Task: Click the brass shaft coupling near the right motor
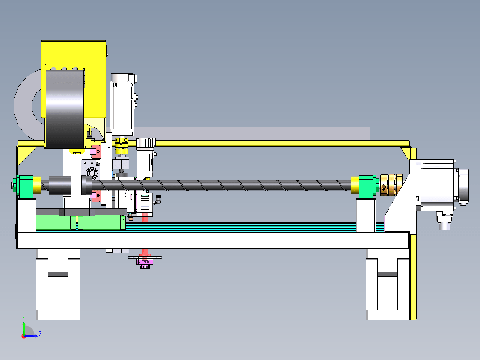[391, 185]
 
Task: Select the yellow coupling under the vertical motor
[122, 145]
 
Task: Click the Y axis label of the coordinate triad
[24, 318]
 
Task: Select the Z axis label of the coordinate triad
[40, 334]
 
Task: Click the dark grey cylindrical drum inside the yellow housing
[65, 109]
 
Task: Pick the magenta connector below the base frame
[145, 263]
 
